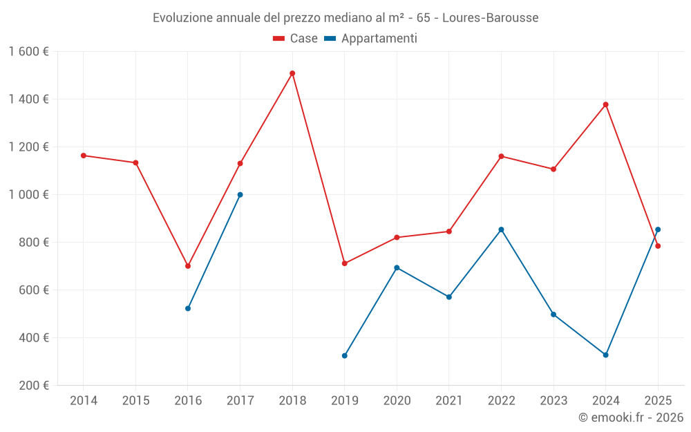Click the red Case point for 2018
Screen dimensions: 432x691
pyautogui.click(x=292, y=73)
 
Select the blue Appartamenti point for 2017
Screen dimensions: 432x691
pyautogui.click(x=240, y=195)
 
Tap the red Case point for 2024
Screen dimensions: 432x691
pyautogui.click(x=606, y=104)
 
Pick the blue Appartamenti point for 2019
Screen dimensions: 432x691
pyautogui.click(x=345, y=356)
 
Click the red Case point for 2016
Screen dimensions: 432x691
pyautogui.click(x=188, y=266)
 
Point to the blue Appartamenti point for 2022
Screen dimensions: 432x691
pyautogui.click(x=501, y=229)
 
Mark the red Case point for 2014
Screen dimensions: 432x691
pyautogui.click(x=84, y=156)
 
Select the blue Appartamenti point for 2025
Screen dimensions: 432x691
pyautogui.click(x=658, y=229)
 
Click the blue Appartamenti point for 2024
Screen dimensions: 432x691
pyautogui.click(x=606, y=355)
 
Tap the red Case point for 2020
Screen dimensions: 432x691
pyautogui.click(x=397, y=237)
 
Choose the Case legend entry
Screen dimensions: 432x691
pyautogui.click(x=296, y=39)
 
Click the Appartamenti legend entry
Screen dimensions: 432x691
pyautogui.click(x=371, y=39)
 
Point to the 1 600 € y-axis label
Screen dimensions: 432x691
pyautogui.click(x=28, y=52)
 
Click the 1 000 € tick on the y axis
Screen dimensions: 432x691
pyautogui.click(x=28, y=195)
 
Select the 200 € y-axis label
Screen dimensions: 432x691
pyautogui.click(x=33, y=386)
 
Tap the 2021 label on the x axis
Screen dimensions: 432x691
pyautogui.click(x=449, y=401)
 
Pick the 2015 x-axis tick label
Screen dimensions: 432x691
pyautogui.click(x=135, y=401)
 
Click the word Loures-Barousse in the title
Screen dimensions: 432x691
pyautogui.click(x=490, y=18)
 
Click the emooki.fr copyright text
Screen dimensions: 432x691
pyautogui.click(x=630, y=417)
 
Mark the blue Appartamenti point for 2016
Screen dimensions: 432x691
pyautogui.click(x=188, y=308)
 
